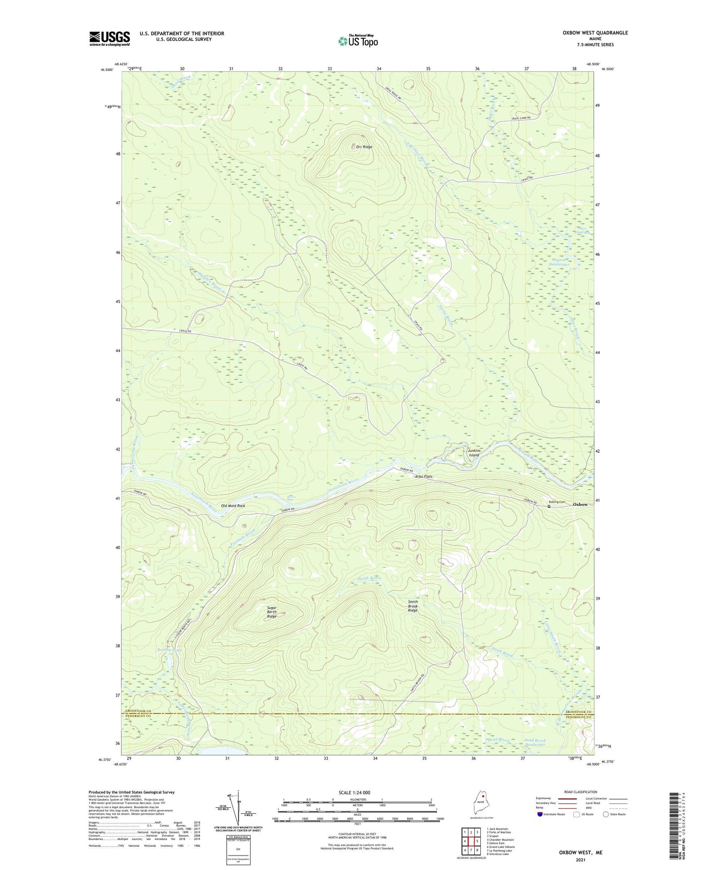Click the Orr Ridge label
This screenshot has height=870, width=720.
364,147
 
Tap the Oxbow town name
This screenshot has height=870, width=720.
580,504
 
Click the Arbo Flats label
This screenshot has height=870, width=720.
423,477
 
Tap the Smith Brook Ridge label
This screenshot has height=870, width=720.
413,606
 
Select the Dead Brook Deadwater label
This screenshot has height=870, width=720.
535,742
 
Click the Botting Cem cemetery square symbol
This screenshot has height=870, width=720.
549,506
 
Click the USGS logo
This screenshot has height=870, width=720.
110,38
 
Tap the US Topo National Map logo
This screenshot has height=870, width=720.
357,40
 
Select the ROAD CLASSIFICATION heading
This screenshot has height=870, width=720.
580,792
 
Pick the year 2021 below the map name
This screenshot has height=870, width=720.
580,860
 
